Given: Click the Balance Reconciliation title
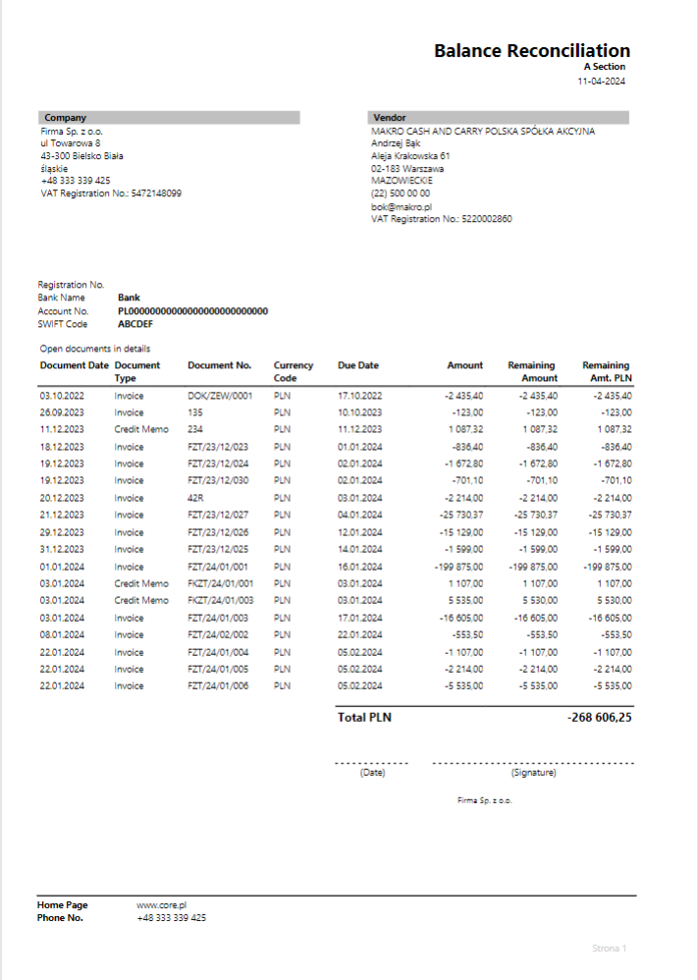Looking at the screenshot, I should click(532, 51).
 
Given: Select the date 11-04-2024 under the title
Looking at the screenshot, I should click(601, 81).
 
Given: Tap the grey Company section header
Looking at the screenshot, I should click(169, 118).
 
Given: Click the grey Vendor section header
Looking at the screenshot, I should click(498, 118).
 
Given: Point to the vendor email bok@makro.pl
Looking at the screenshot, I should click(402, 207).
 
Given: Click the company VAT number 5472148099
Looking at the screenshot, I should click(156, 193).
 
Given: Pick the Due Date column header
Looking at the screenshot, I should click(358, 365).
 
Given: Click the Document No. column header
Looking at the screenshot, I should click(220, 365).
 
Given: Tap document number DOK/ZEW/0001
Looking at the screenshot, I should click(220, 396).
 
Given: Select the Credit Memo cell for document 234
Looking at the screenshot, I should click(141, 429).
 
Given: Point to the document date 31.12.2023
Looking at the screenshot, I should click(62, 549).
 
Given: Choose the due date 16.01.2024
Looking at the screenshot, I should click(358, 567).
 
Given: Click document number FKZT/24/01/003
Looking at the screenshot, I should click(220, 600).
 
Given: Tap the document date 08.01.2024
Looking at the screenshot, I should click(62, 634).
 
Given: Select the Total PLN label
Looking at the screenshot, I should click(364, 718).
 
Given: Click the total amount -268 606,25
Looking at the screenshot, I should click(599, 718).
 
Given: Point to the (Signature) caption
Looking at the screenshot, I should click(533, 773).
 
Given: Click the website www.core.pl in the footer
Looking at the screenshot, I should click(162, 905).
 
